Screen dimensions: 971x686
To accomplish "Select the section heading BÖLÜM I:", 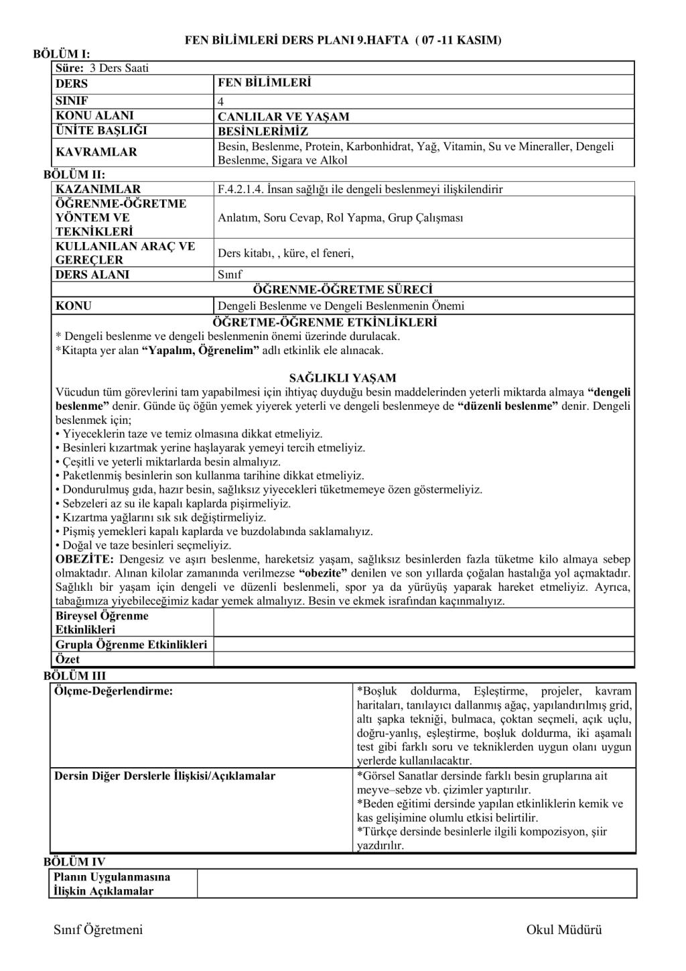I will point(62,54).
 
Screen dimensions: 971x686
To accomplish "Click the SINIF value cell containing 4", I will point(221,102).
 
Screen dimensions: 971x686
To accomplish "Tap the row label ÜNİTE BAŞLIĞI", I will point(101,130).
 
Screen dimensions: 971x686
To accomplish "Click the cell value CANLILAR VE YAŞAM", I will point(283,117).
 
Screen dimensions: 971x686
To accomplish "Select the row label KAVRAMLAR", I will point(96,152).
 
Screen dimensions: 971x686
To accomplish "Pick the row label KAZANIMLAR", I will point(98,189).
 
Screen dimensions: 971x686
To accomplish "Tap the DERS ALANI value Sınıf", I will point(230,274).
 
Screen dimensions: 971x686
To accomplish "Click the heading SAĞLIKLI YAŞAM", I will point(342,378).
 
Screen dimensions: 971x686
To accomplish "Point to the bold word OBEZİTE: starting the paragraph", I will point(84,559).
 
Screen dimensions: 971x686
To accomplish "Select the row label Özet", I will point(68,659).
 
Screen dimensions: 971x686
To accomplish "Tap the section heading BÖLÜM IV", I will point(74,862).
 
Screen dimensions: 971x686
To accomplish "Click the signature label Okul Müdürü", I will point(564,929).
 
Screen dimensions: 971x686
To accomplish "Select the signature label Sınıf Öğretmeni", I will point(98,929).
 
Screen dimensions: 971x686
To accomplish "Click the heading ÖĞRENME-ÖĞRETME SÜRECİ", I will point(342,290).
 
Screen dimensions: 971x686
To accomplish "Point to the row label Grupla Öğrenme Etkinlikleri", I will point(131,644).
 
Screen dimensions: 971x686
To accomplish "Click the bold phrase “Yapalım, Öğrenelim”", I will point(200,350).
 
